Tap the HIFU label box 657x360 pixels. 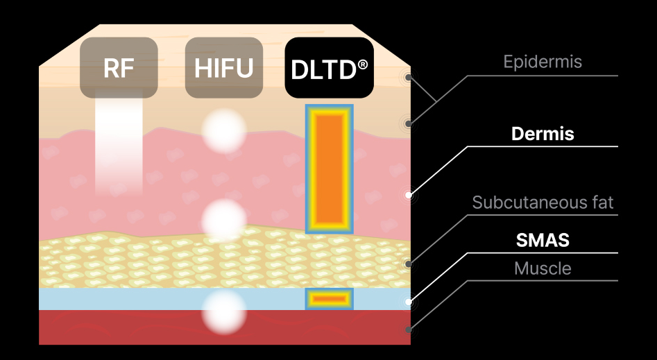tap(223, 68)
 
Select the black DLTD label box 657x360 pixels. tap(330, 68)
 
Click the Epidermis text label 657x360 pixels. tap(543, 62)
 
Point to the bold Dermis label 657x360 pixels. tap(543, 134)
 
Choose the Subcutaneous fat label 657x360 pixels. tap(543, 203)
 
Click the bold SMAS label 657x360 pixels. tap(543, 241)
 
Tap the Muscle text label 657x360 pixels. tap(543, 268)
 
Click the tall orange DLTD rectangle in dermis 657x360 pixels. tap(330, 169)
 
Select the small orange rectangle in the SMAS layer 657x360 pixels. tap(330, 299)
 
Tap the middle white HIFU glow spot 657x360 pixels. tap(223, 220)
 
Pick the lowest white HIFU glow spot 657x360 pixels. tap(223, 313)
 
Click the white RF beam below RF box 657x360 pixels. tap(119, 142)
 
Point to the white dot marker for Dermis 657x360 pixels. tap(409, 196)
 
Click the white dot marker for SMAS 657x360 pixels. tap(409, 302)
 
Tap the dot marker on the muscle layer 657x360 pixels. tap(409, 329)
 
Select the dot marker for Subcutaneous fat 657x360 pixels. tap(409, 264)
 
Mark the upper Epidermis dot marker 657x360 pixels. tap(409, 78)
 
